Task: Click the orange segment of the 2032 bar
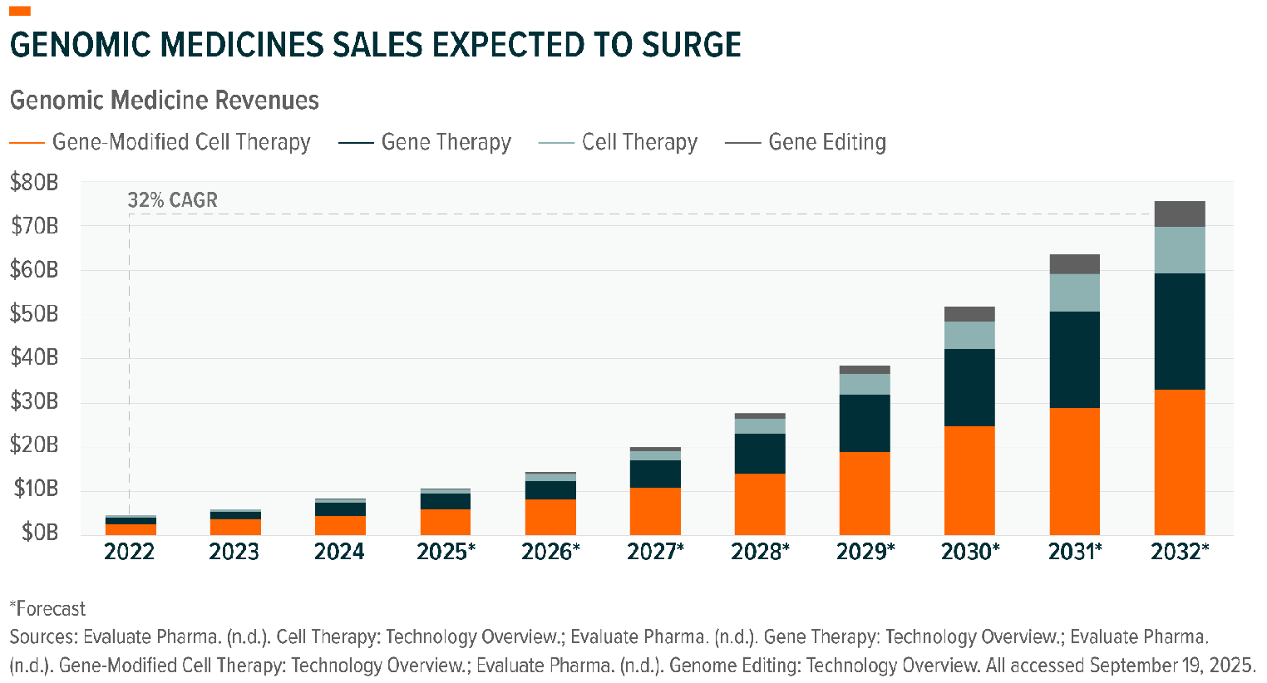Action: (1179, 462)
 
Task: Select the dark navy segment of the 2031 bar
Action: (1074, 360)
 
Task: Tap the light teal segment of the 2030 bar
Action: (969, 335)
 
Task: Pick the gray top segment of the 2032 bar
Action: (1179, 214)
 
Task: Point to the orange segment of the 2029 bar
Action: (865, 494)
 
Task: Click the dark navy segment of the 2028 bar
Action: (760, 454)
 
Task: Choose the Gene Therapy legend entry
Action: (425, 142)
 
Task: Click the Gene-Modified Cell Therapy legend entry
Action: (160, 142)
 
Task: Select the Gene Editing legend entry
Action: (806, 142)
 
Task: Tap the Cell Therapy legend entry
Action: (618, 142)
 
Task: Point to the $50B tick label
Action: (34, 314)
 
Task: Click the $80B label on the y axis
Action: (34, 182)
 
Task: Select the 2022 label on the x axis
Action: (129, 552)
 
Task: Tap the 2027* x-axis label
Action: (655, 552)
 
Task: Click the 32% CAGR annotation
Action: (172, 200)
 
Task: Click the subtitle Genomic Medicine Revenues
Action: (165, 101)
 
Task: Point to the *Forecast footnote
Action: (47, 609)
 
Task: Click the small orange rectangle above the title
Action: (19, 11)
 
